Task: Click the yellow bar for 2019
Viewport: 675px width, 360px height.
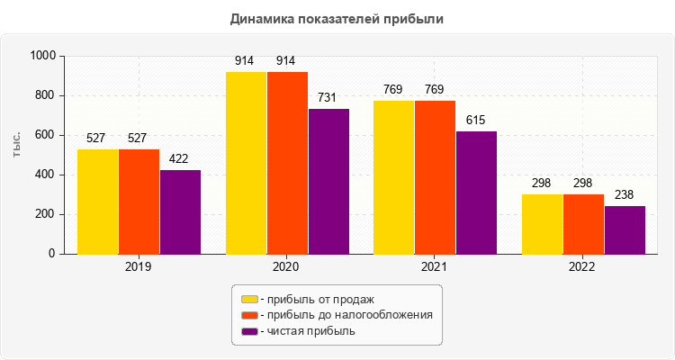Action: (x=97, y=202)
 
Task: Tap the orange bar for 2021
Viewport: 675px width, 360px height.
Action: (x=435, y=177)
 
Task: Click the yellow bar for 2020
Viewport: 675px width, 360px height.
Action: (x=246, y=163)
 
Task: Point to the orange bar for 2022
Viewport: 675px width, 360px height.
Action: (x=583, y=224)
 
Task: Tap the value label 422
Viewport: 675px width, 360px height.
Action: (x=180, y=158)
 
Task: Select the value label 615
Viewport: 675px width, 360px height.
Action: (x=476, y=120)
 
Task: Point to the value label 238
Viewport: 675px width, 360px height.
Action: (x=625, y=194)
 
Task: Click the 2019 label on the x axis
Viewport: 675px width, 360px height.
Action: (x=139, y=267)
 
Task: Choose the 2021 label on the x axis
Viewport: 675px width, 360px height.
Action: (x=435, y=267)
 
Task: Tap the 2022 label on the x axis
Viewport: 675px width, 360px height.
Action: (x=583, y=267)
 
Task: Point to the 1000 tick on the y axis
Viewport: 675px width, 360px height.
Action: (x=42, y=56)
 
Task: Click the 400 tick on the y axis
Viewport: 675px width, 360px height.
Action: (x=46, y=175)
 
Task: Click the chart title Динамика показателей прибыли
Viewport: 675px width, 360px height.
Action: (x=337, y=18)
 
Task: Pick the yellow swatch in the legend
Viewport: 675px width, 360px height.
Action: (x=248, y=299)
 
